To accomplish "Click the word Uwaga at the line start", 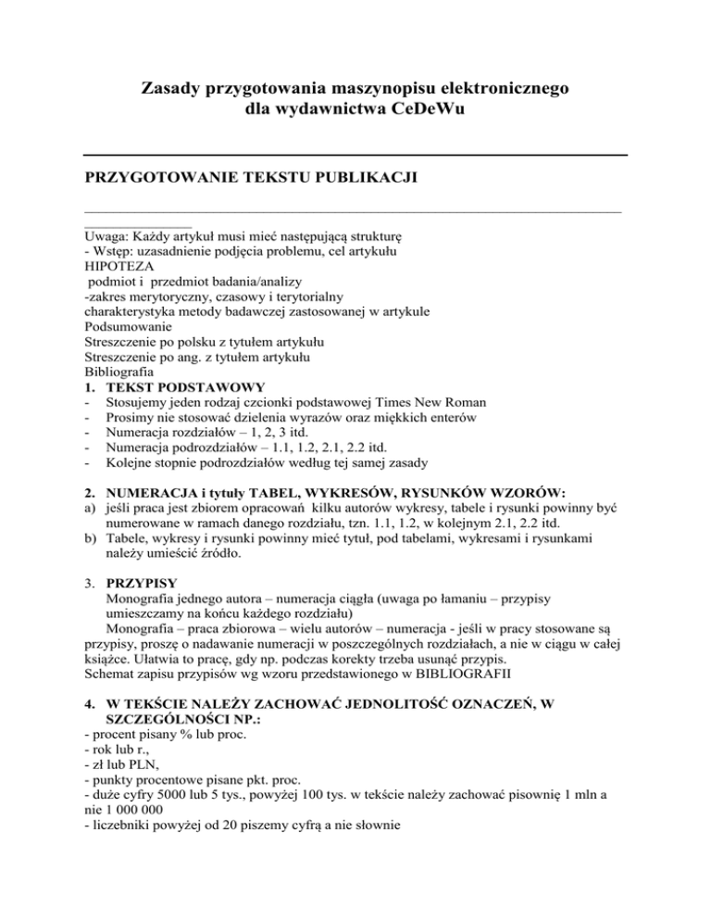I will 103,236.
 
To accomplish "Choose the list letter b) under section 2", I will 90,538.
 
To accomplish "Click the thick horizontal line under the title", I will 355,153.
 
